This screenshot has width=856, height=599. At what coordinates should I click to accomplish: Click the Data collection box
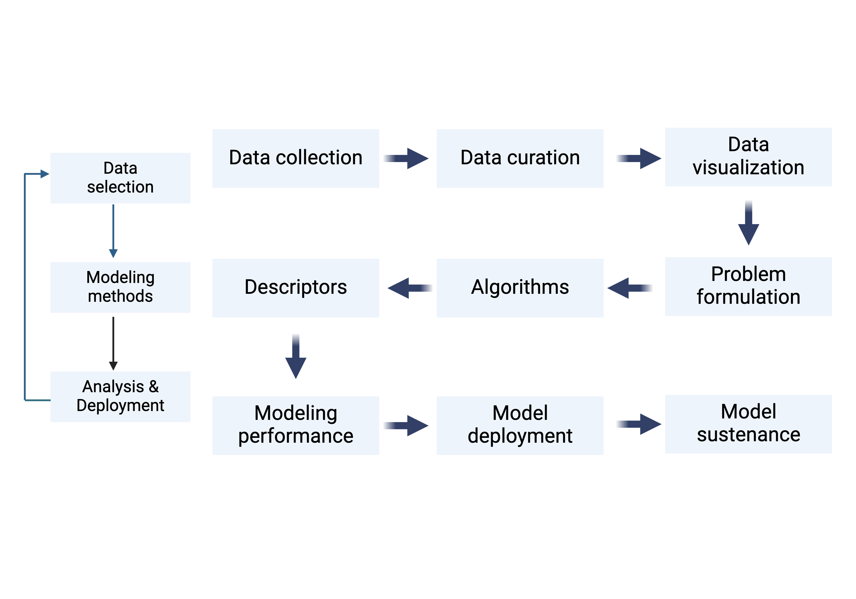coord(296,158)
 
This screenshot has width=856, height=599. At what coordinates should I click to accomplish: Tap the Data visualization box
coord(748,157)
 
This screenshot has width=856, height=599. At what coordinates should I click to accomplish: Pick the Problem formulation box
coord(748,286)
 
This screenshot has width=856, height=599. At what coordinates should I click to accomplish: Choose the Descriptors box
coord(296,288)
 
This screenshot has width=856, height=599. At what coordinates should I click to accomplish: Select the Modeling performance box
coord(296,425)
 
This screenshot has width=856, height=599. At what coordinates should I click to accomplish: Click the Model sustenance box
coord(748,424)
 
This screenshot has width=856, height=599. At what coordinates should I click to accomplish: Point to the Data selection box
coord(120,178)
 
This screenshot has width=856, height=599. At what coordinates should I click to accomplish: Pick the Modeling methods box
coord(120,287)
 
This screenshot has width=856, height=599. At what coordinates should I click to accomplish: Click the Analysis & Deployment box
coord(120,396)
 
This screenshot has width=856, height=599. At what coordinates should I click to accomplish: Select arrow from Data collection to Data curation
coord(406,158)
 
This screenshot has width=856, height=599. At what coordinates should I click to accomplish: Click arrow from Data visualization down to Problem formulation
coord(748,223)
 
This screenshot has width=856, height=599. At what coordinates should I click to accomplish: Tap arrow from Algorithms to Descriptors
coord(410,288)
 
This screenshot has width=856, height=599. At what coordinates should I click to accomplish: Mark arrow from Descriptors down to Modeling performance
coord(296,356)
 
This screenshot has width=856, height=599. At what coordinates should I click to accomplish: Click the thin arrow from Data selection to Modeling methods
coord(113,231)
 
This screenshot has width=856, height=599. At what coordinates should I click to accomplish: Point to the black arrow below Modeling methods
coord(113,343)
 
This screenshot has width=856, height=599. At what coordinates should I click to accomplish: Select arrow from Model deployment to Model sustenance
coord(638,424)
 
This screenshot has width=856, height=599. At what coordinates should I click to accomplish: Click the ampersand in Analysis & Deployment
coord(154,386)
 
